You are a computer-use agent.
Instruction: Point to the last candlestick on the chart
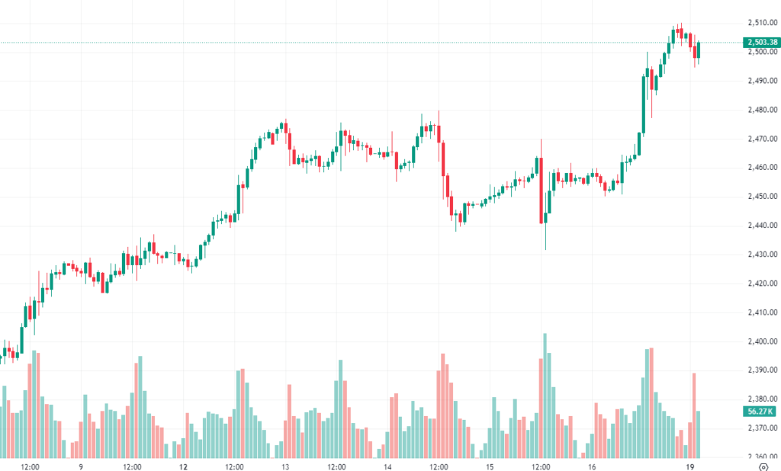tap(698, 50)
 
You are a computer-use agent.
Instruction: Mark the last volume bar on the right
tap(698, 434)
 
